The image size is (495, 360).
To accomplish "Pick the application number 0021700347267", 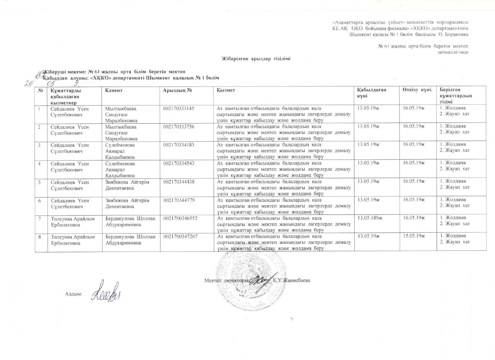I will pyautogui.click(x=181, y=236).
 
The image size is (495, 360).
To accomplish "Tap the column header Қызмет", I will pyautogui.click(x=226, y=90).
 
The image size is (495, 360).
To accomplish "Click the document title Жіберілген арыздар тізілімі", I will pyautogui.click(x=256, y=59).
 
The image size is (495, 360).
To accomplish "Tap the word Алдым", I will pyautogui.click(x=74, y=294).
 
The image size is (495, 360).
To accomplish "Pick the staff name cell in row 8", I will pyautogui.click(x=73, y=240).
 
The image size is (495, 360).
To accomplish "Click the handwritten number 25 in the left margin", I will pyautogui.click(x=28, y=84).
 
